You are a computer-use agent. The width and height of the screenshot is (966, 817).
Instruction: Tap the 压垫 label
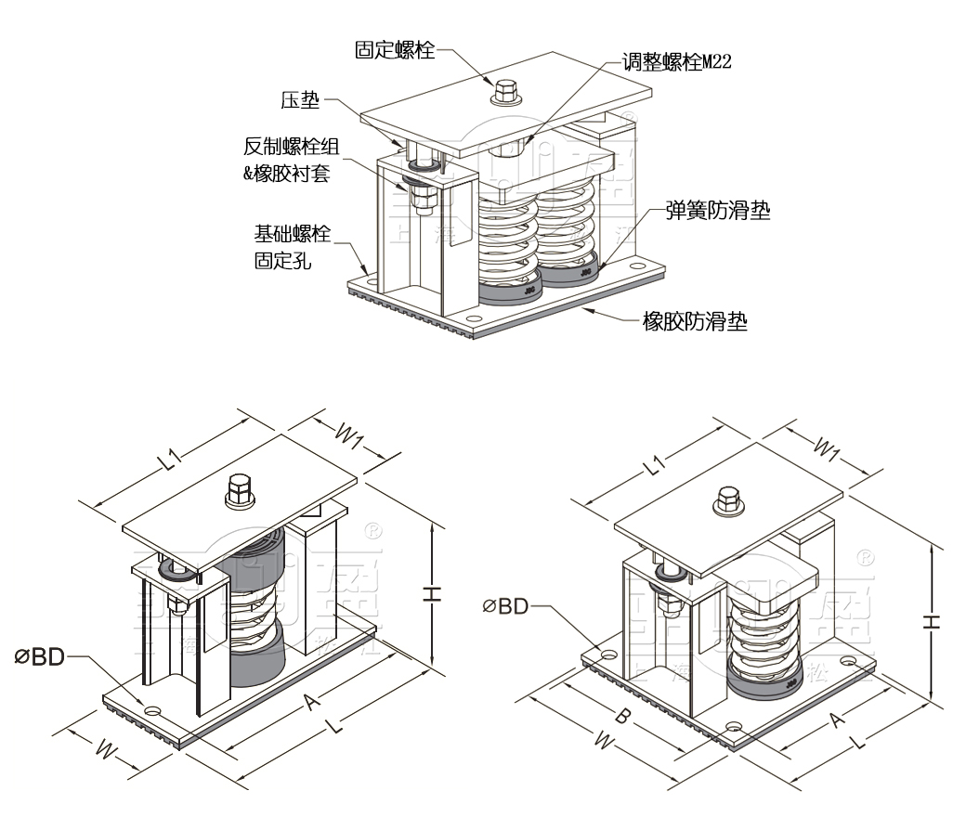point(300,98)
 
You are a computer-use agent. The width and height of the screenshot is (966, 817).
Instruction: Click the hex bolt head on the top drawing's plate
point(505,91)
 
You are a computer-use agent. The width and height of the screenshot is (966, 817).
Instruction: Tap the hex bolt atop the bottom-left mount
point(240,491)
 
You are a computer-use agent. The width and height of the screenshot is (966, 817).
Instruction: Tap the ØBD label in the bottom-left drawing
point(39,656)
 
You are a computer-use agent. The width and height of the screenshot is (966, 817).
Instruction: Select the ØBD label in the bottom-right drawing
point(505,606)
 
